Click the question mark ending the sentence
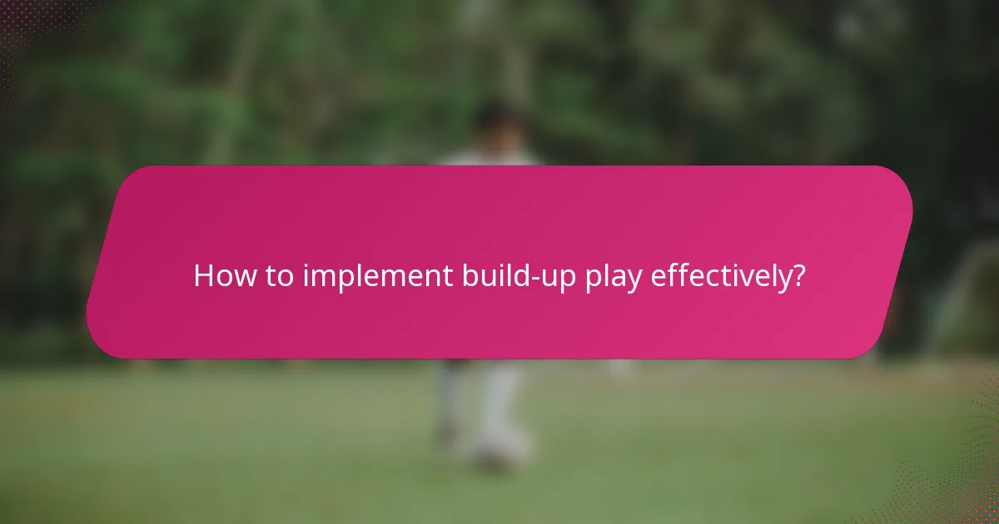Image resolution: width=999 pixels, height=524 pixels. click(x=798, y=276)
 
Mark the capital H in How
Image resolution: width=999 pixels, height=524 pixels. click(x=202, y=276)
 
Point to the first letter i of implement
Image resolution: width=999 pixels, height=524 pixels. click(x=306, y=276)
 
